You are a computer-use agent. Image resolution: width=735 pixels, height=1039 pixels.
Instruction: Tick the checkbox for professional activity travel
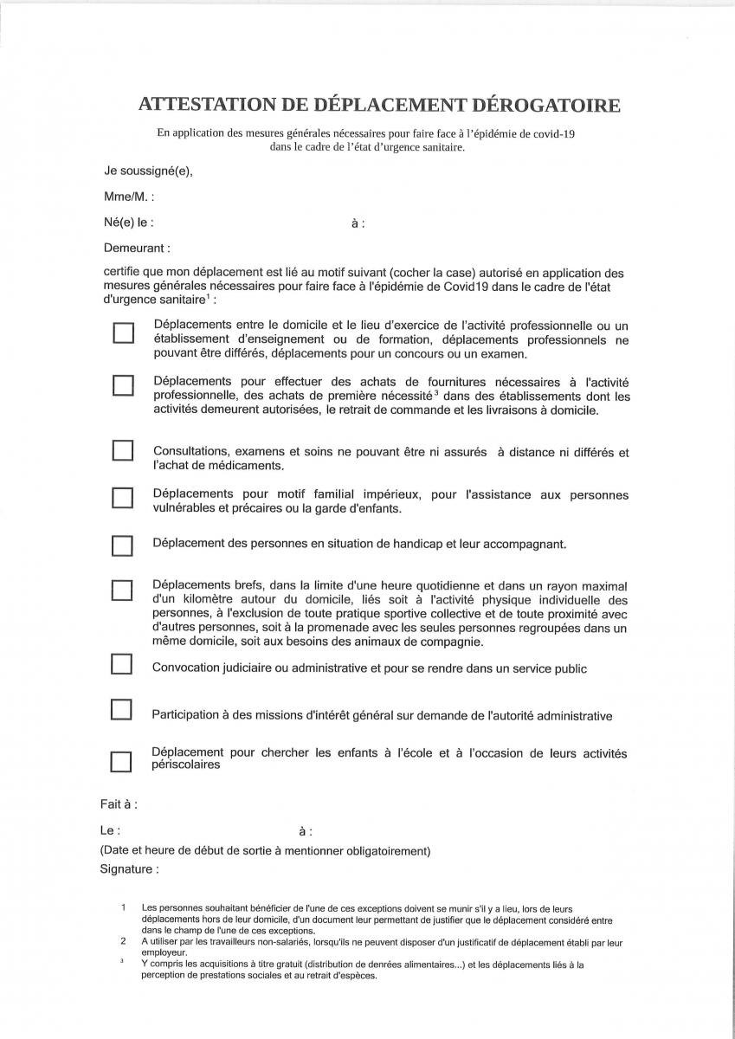point(123,332)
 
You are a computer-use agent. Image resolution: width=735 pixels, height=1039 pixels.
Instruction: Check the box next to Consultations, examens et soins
point(123,450)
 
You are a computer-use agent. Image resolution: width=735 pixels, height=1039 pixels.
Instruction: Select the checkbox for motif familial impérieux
point(123,498)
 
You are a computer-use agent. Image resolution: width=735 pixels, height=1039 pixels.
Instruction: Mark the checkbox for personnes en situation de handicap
point(123,545)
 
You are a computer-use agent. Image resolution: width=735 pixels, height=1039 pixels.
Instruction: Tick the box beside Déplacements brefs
point(123,590)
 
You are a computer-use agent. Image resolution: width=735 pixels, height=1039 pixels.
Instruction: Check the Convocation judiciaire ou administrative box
point(122,664)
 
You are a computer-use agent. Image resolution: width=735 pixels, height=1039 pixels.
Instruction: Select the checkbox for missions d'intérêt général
point(122,710)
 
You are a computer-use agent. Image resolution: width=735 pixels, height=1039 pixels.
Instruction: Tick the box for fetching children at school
point(122,762)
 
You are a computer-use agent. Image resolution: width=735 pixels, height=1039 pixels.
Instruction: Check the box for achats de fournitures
point(123,384)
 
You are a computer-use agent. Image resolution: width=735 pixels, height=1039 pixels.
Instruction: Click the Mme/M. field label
point(129,197)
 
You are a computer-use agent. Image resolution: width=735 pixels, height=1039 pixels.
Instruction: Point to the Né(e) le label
point(129,223)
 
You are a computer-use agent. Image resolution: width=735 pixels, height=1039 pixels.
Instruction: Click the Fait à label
point(119,804)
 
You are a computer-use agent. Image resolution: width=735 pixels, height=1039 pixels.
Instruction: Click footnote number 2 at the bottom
point(124,940)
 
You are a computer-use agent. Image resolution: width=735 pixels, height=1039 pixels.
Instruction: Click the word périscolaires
point(185,765)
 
